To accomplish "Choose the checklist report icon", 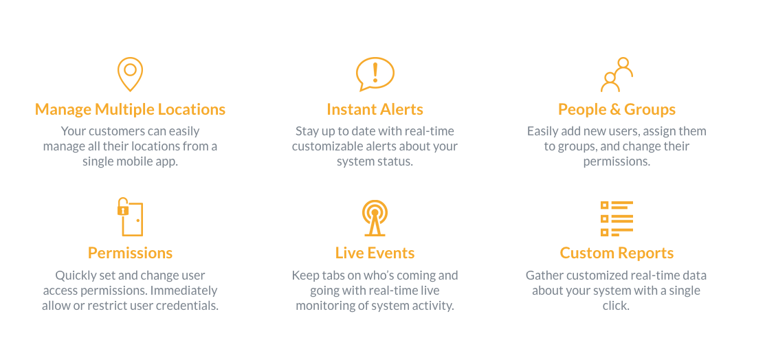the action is [617, 218].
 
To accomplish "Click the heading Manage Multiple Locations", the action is [131, 109].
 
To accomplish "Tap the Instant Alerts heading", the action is [375, 109].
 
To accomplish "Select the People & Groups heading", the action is [617, 109].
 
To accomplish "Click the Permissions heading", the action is [131, 253].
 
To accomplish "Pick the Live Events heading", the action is [375, 253].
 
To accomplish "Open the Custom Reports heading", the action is [617, 253].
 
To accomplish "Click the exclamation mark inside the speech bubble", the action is [375, 72].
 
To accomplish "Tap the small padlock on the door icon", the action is [122, 210].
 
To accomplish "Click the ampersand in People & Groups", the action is [617, 109].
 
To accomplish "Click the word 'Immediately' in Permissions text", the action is [184, 291].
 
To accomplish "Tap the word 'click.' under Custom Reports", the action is [617, 306].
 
